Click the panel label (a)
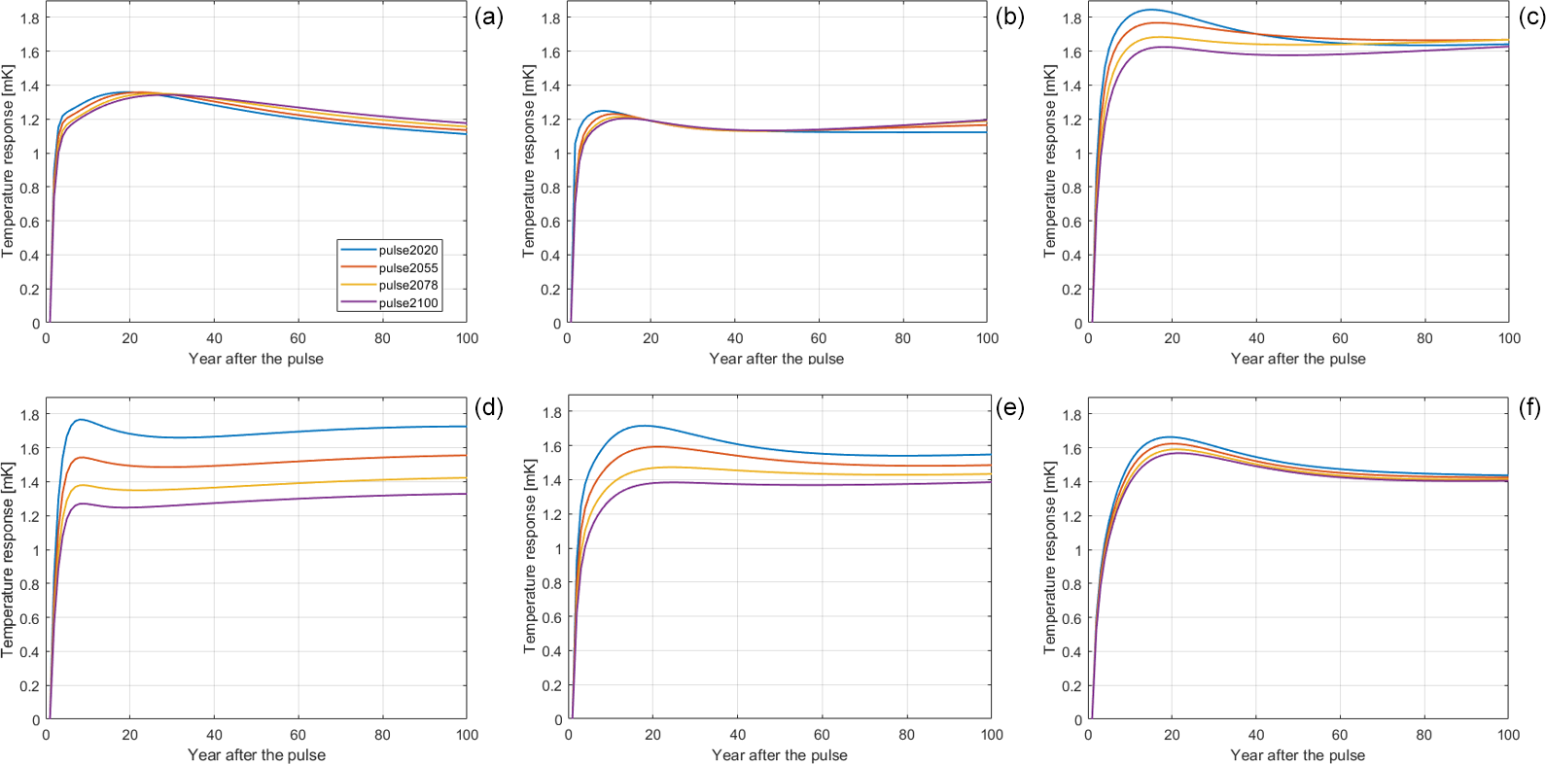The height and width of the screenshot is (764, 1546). click(488, 17)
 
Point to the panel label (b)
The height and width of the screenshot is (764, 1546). click(1009, 17)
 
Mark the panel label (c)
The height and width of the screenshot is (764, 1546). click(1530, 17)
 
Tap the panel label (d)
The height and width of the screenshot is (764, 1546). click(488, 407)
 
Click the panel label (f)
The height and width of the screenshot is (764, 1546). click(1530, 407)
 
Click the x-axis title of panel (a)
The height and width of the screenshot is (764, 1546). click(256, 359)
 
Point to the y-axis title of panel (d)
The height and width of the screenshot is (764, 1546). click(8, 560)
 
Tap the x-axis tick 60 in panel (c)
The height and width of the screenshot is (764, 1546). click(1340, 338)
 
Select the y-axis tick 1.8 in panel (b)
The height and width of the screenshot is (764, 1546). click(550, 18)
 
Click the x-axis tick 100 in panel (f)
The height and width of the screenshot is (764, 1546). click(1508, 735)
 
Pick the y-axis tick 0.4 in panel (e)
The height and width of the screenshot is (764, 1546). click(551, 651)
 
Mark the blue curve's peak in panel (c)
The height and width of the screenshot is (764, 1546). click(1151, 10)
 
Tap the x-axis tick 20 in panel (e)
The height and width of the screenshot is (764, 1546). click(652, 735)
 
